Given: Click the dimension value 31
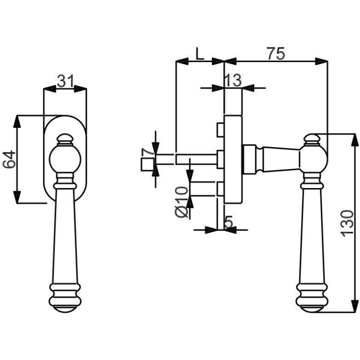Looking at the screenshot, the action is (66, 81).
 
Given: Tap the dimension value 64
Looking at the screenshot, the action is (9, 159).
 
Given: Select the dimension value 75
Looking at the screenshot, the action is (276, 54).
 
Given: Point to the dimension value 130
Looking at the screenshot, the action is (347, 223).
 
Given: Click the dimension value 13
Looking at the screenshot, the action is (233, 81).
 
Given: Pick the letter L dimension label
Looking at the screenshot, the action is (199, 54).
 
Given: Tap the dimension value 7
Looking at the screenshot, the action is (148, 152).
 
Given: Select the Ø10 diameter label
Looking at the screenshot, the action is (181, 202).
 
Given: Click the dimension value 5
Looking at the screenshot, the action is (229, 222).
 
